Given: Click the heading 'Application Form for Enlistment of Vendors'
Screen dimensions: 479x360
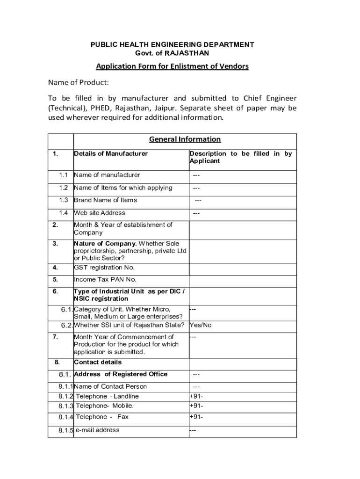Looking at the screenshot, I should pos(172,66).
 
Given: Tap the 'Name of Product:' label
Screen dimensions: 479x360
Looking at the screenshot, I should pos(78,83).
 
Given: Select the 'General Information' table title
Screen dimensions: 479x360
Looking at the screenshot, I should pos(185,139).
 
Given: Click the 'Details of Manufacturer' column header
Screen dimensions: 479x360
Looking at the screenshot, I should pos(111,153).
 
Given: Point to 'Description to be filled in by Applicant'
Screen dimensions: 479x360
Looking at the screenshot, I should pos(240,157).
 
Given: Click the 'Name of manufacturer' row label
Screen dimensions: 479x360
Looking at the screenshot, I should pos(107,175).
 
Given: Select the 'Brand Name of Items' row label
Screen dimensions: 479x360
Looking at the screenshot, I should pos(106,200).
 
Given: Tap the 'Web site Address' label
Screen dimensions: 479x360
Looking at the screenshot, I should pos(100,213).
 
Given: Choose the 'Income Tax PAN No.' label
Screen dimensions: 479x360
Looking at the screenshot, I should pos(105,280).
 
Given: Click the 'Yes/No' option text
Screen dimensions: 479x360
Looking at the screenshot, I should pos(201,325).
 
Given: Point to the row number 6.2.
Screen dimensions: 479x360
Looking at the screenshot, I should pos(66,325).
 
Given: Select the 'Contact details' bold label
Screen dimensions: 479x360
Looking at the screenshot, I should pos(98,362).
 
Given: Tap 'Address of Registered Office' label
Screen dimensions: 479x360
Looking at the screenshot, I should pos(121,374).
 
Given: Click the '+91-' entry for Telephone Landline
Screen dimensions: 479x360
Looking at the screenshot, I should pos(196,396).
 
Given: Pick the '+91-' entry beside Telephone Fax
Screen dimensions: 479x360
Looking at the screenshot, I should pos(196,417).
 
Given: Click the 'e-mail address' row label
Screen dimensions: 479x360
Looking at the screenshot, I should pos(97,430).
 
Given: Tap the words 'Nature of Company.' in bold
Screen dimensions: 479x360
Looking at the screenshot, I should pos(105,243).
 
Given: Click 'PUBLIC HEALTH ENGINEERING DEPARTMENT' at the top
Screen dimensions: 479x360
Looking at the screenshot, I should pos(172,44).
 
